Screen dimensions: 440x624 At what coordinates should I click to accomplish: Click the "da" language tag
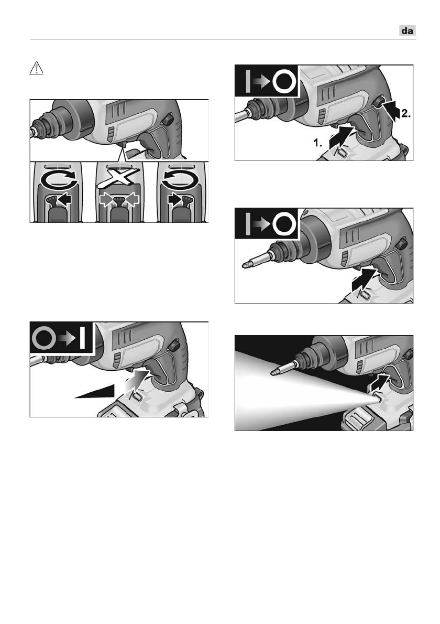coord(408,30)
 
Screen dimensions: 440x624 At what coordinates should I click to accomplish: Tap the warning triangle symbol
coord(36,69)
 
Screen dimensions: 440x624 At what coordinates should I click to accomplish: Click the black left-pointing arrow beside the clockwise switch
coord(64,199)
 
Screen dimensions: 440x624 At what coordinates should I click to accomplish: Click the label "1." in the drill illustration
coord(318,143)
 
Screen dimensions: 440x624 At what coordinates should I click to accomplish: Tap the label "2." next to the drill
coord(405,114)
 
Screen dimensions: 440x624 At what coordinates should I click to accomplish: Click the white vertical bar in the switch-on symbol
coord(82,338)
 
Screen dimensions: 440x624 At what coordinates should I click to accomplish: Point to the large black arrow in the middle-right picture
coord(364,281)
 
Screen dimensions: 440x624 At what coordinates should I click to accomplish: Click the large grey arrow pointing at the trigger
coord(136,380)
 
